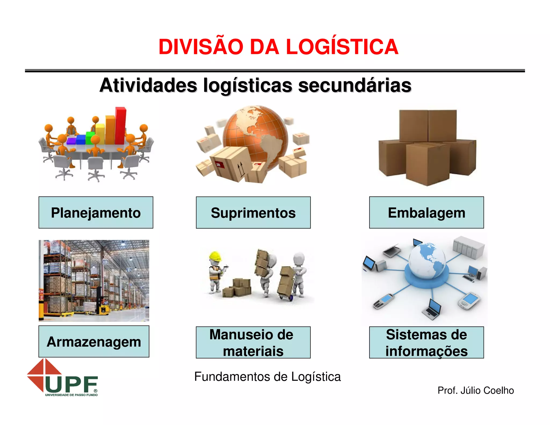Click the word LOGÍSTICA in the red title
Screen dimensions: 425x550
tap(342, 47)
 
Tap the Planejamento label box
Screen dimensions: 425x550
tap(96, 212)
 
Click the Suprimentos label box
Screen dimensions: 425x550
tap(253, 212)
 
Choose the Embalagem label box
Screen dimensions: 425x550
tap(426, 212)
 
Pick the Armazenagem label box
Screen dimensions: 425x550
tap(94, 341)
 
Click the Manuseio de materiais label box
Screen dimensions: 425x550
tap(253, 343)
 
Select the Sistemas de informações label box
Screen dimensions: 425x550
tap(426, 343)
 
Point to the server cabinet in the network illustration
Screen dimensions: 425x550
tap(468, 247)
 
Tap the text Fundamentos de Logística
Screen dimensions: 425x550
tap(267, 377)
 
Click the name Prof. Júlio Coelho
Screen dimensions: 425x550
tap(476, 390)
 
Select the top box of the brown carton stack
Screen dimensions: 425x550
tap(428, 125)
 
